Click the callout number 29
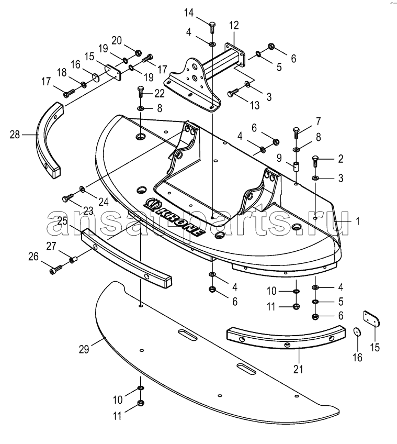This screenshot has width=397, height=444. tap(84, 349)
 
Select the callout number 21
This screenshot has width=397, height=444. tap(298, 369)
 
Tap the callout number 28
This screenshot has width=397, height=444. tap(15, 135)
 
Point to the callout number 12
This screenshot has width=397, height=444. tap(234, 26)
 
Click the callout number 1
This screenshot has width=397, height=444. tap(358, 221)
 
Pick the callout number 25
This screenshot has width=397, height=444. tap(63, 221)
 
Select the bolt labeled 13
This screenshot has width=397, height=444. tap(233, 93)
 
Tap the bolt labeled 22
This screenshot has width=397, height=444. tap(141, 92)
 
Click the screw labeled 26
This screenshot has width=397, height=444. tap(56, 269)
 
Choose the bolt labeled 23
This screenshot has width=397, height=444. tap(68, 197)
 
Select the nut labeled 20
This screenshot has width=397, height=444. tap(139, 52)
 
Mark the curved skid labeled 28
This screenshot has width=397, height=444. tap(49, 140)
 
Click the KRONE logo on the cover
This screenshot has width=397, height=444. tap(174, 216)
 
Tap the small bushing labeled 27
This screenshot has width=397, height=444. tap(74, 259)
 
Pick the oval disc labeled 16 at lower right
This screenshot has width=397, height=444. tap(358, 331)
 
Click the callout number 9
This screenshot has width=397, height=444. tap(279, 158)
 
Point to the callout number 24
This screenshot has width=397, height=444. tap(103, 202)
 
